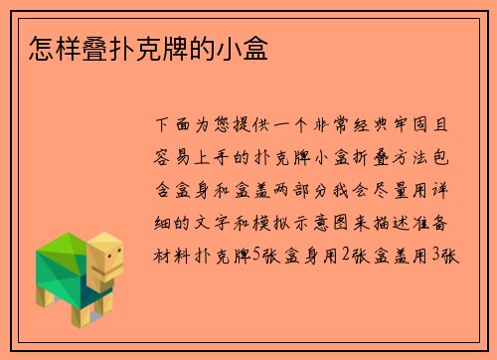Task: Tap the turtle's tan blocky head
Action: tap(105, 261)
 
